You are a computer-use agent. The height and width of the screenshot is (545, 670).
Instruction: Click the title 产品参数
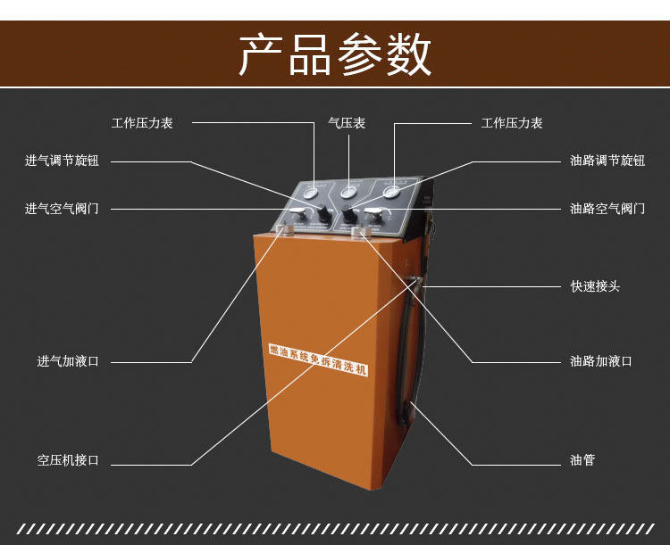point(335,55)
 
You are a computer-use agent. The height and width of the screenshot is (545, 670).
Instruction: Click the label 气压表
point(347,123)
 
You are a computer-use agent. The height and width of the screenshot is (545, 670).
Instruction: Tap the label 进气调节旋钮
point(62,161)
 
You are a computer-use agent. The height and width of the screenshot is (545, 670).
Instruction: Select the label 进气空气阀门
point(62,209)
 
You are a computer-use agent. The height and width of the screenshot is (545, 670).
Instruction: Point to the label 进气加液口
point(68,361)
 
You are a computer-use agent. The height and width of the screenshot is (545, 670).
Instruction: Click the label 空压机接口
point(68,460)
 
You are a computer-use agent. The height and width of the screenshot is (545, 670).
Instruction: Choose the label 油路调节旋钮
point(607,161)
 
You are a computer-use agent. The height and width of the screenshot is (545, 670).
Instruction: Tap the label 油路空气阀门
point(607,209)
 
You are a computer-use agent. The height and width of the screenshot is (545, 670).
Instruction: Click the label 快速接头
point(595,286)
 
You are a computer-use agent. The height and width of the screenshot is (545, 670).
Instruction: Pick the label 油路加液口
point(601,361)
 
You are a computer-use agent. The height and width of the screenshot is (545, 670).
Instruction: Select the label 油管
point(582,460)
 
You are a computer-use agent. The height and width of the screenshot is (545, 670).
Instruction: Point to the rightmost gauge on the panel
point(390,191)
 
